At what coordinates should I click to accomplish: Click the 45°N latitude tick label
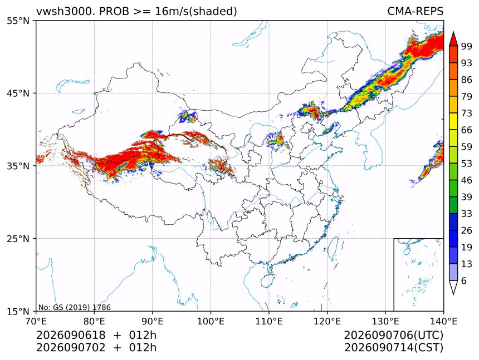click(18, 93)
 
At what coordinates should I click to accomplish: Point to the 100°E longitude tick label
click(211, 321)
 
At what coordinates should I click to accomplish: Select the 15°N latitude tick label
click(18, 312)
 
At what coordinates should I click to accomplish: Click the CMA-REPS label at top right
click(415, 11)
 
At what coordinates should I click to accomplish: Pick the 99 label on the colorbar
click(467, 46)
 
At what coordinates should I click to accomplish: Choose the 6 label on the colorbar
click(464, 280)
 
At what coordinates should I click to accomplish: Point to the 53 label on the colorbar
click(467, 164)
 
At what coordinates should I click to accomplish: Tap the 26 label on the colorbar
click(467, 230)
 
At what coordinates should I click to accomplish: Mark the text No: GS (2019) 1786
click(75, 307)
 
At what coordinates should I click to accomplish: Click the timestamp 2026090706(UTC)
click(393, 335)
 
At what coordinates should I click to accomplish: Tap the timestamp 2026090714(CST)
click(393, 348)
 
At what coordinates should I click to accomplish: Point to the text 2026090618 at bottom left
click(71, 335)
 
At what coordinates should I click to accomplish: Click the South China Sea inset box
click(418, 274)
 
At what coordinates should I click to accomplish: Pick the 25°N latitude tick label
click(18, 239)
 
